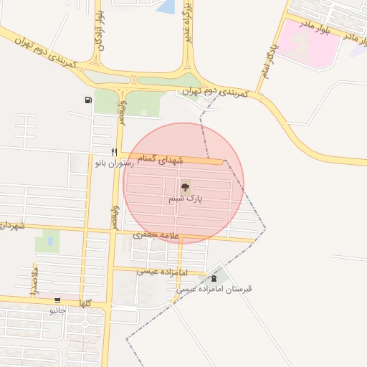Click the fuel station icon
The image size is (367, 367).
coord(87,100)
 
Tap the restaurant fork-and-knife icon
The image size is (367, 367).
coord(114,152)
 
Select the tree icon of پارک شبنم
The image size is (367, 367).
coord(186,187)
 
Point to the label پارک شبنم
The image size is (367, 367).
coord(186,199)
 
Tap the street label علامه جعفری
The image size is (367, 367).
coord(155,235)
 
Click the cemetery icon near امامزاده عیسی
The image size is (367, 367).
coord(212,278)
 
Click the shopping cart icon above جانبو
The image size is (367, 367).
coord(57,300)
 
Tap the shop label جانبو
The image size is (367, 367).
coord(57,311)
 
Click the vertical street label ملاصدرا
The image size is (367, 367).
coord(34,280)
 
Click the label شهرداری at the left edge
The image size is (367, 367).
coord(11,226)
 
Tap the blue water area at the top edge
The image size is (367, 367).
coord(166,6)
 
